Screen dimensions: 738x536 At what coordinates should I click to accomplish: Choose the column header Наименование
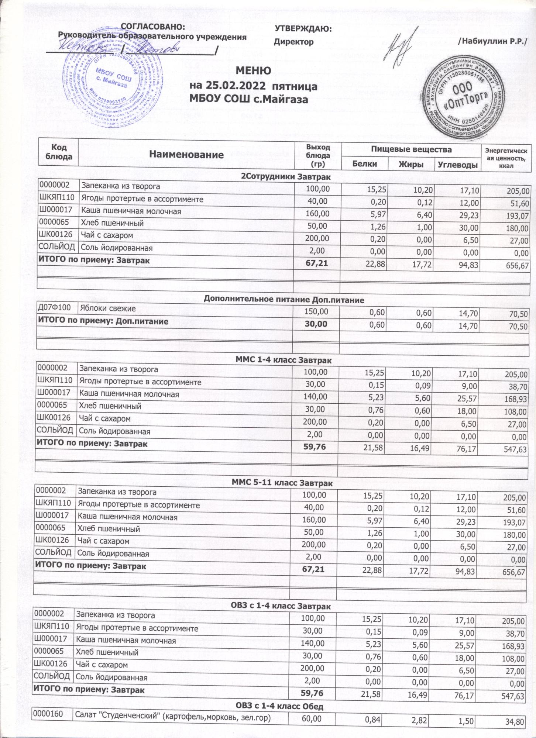click(x=187, y=155)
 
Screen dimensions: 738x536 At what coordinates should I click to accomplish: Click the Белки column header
click(x=364, y=164)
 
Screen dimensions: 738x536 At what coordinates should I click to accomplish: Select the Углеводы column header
click(x=457, y=165)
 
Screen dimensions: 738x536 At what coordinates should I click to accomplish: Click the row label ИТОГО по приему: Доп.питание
click(x=103, y=321)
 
